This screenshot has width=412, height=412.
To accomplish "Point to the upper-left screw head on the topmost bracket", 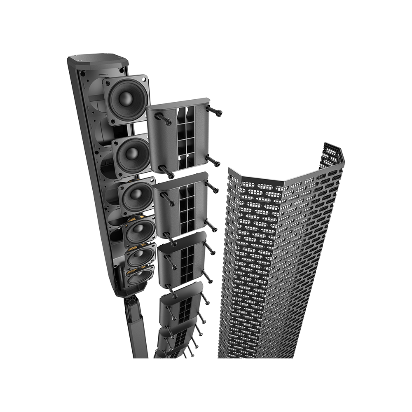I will point(169,121).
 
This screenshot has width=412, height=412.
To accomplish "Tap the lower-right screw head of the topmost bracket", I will point(217,163).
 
